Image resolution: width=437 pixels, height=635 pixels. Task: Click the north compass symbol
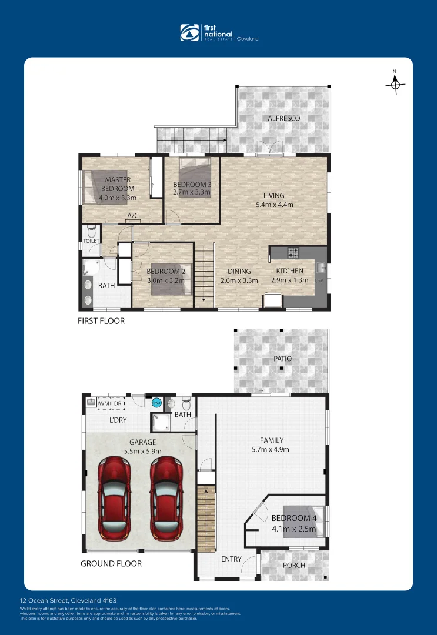[x=395, y=85]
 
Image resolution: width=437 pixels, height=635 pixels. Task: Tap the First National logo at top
[x=218, y=32]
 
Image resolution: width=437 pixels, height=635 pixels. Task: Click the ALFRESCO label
[x=283, y=118]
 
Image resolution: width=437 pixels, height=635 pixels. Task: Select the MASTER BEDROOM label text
[x=118, y=184]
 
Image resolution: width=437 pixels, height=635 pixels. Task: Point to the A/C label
[x=133, y=216]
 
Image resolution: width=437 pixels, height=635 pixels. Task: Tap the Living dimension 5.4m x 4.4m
[x=274, y=205]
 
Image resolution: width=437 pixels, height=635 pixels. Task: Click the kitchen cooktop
[x=293, y=253]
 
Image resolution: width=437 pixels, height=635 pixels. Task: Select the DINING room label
[x=235, y=272]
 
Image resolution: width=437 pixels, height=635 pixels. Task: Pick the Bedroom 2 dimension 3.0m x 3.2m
[x=165, y=280]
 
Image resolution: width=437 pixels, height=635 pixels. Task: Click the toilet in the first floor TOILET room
[x=91, y=230]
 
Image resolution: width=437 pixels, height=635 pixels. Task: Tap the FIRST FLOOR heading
[x=101, y=321]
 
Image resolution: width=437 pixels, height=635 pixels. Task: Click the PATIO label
[x=281, y=359]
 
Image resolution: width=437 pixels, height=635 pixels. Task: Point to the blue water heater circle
[x=156, y=403]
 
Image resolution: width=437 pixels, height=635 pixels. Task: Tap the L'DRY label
[x=118, y=420]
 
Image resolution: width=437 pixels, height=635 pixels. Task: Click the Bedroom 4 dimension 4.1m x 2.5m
[x=293, y=529]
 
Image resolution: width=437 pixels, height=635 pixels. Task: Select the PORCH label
[x=294, y=565]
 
